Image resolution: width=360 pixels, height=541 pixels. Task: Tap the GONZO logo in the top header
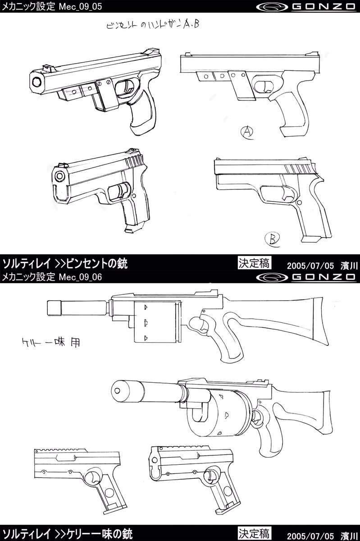click(306, 7)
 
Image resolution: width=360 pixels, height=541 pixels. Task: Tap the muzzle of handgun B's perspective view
click(59, 176)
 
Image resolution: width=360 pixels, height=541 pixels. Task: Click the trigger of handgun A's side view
click(264, 86)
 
